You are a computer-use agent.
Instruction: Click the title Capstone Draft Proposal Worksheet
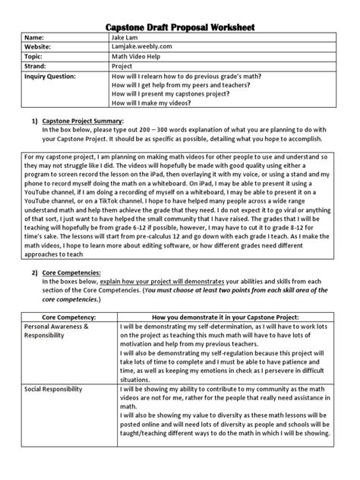pos(179,28)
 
